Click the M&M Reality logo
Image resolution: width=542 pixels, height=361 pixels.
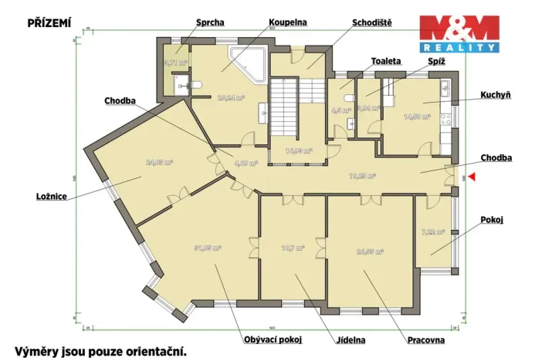point(459,33)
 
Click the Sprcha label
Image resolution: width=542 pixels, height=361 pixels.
point(210,23)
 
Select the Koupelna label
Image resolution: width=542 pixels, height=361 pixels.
point(288,23)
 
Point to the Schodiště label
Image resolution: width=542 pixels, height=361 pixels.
point(371,23)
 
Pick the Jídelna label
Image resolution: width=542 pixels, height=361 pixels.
point(350,339)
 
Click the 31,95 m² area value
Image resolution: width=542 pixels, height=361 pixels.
point(208,248)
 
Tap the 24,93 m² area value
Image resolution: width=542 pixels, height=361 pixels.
point(159,163)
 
